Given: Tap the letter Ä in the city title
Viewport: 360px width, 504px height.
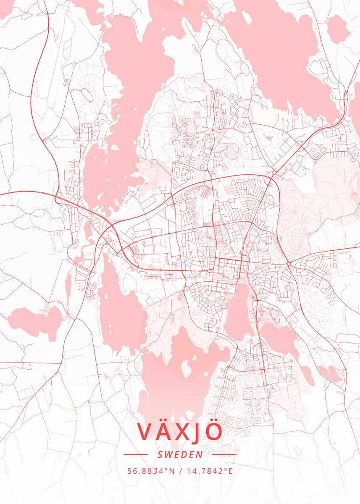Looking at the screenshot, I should click(165, 431).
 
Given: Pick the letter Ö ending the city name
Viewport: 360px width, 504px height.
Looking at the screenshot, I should click(214, 431).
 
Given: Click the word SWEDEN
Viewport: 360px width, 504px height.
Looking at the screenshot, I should click(180, 454).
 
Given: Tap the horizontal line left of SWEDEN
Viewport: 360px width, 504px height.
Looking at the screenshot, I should click(136, 454).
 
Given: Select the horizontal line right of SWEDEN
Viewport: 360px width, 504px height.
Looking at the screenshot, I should click(224, 454).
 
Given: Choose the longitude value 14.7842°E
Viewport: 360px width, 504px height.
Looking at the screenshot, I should click(208, 471).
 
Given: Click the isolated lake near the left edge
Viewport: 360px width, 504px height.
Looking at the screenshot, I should click(36, 321).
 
